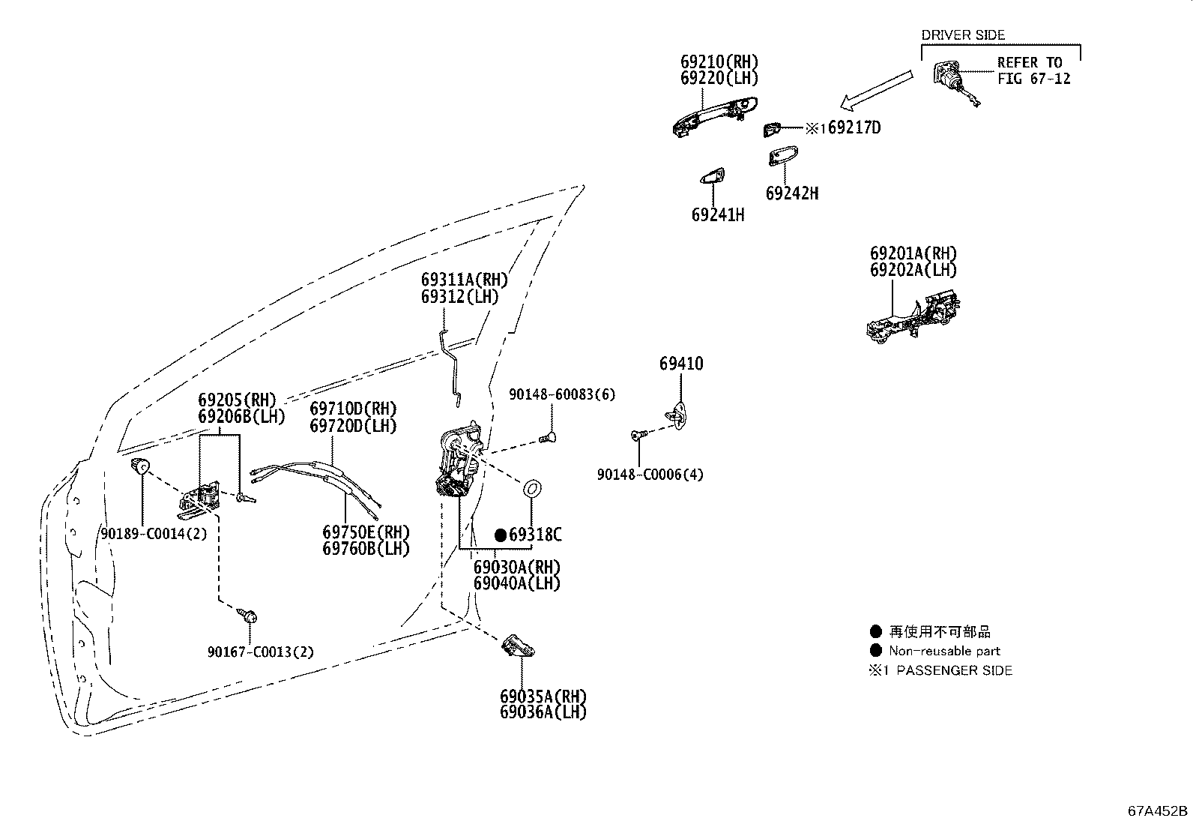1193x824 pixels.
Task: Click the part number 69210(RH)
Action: pyautogui.click(x=719, y=61)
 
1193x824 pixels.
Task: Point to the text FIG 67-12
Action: pyautogui.click(x=1033, y=78)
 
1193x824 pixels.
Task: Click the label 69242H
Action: pyautogui.click(x=791, y=193)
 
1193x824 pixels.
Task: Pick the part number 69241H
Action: pyautogui.click(x=717, y=215)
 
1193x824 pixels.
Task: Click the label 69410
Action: pyautogui.click(x=681, y=364)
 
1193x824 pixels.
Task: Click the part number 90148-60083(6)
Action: pyautogui.click(x=561, y=394)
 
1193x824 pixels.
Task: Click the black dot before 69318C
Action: pyautogui.click(x=501, y=535)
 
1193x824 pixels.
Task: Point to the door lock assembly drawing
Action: pyautogui.click(x=457, y=461)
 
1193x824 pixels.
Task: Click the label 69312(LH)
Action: pyautogui.click(x=459, y=297)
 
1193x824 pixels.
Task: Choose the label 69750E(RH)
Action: pyautogui.click(x=366, y=532)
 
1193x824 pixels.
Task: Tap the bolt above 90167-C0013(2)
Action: pyautogui.click(x=250, y=617)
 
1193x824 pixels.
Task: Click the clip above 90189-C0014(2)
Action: pyautogui.click(x=139, y=466)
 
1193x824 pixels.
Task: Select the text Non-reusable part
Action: pyautogui.click(x=943, y=652)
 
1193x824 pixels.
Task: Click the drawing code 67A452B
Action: pyautogui.click(x=1158, y=811)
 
